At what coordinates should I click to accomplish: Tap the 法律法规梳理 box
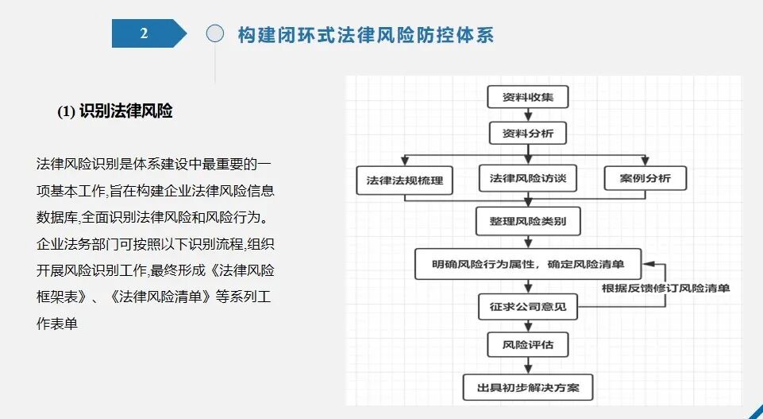coord(404,179)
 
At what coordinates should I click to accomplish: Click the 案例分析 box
coord(645,178)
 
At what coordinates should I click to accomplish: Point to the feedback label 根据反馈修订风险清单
coord(665,289)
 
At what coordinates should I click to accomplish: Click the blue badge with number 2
coord(145,33)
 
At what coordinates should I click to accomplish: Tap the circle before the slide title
coord(215,33)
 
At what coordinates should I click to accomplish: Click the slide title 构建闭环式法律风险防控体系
coord(366,34)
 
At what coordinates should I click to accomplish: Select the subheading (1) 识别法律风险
coord(115,111)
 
